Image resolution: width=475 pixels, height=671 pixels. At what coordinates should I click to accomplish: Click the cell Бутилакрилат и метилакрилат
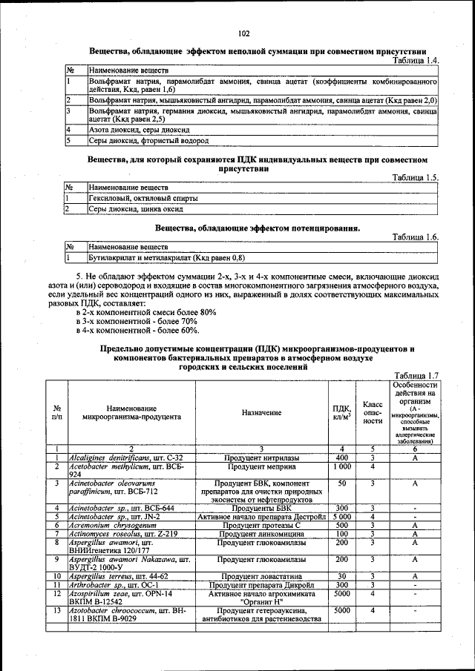[166, 257]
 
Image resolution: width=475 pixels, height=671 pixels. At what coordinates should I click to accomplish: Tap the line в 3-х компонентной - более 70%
[137, 321]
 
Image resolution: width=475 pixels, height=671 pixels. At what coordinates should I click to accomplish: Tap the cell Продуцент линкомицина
[261, 533]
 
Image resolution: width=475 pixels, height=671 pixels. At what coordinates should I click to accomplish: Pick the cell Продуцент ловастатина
[261, 575]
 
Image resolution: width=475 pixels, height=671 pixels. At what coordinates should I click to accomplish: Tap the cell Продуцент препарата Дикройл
[261, 584]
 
